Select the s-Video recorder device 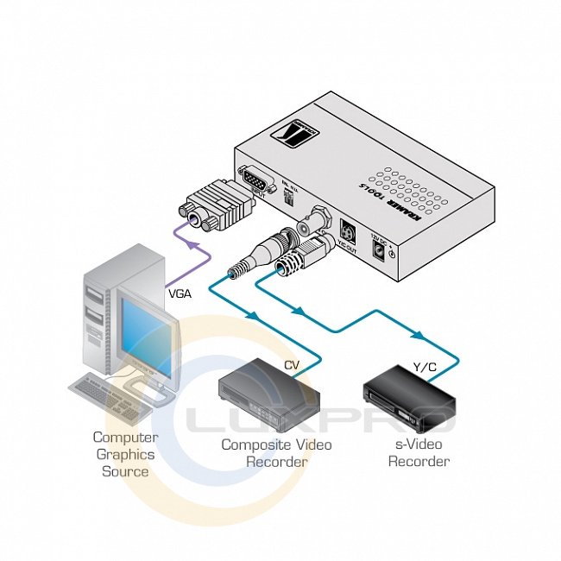[x=408, y=401]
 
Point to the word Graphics [x=125, y=454]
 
